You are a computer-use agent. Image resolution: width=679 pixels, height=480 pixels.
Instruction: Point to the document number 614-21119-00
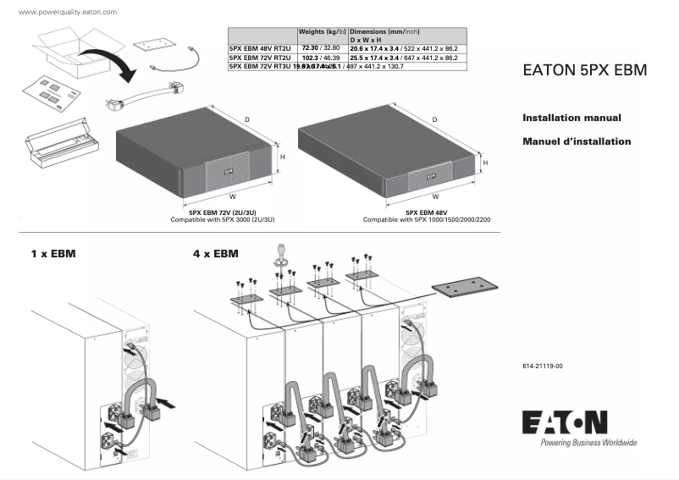543,366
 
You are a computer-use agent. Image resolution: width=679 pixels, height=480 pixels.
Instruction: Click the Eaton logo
566,422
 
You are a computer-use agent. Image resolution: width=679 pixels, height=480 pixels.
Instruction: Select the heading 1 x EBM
53,253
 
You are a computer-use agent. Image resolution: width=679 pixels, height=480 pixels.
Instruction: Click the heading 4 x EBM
216,253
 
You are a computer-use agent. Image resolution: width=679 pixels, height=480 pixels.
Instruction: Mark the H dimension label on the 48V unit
486,161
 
